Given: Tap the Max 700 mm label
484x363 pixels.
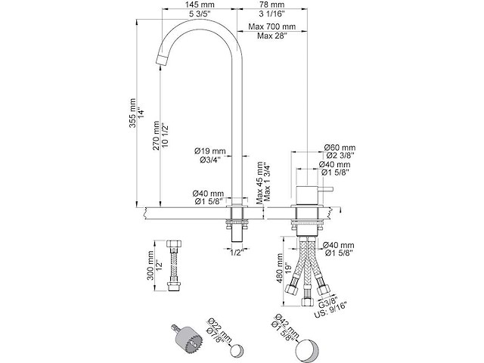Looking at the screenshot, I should (x=274, y=26).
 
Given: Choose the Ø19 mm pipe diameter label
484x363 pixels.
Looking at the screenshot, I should (x=209, y=149).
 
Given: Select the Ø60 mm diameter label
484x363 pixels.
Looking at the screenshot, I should (x=340, y=147).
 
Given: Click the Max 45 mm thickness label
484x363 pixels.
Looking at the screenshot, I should (x=259, y=181).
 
